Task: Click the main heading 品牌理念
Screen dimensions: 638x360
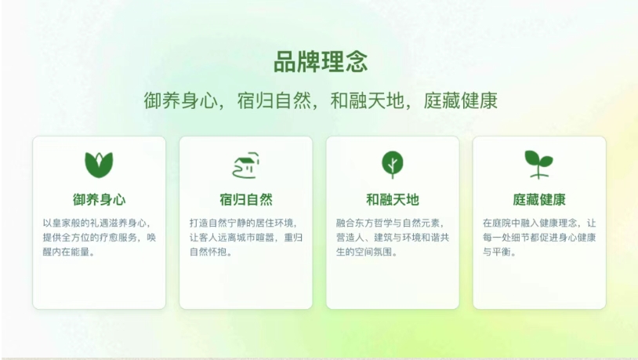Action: point(321,62)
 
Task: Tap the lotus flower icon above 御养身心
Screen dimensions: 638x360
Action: point(99,165)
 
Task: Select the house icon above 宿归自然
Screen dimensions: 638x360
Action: point(246,165)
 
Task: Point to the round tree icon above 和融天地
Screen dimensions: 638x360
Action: point(393,165)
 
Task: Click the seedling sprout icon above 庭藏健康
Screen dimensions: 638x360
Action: point(538,165)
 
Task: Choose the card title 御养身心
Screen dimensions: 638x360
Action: point(100,199)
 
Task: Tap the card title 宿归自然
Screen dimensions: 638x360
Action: point(246,199)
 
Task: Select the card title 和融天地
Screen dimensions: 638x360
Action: point(393,199)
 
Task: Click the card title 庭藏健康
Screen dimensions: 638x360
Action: point(539,199)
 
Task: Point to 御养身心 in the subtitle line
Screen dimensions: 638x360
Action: point(180,100)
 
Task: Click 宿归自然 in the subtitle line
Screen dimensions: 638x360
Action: point(274,100)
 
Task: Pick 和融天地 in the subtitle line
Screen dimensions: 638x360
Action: point(367,100)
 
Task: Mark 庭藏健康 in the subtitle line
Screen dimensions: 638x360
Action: point(461,100)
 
